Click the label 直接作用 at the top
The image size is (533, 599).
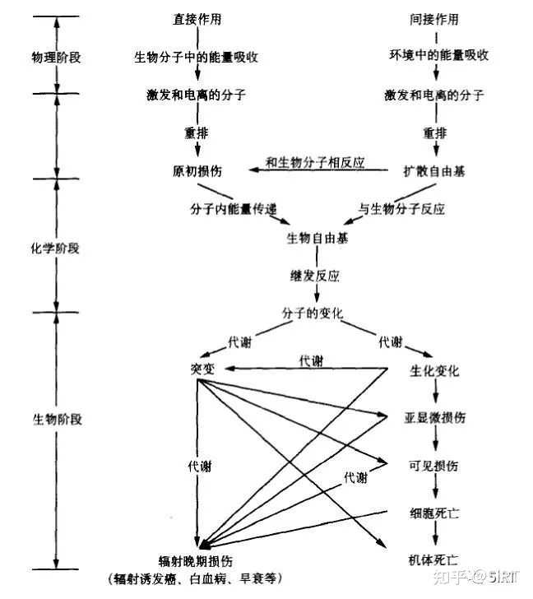click(198, 19)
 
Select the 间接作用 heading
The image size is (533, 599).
click(434, 19)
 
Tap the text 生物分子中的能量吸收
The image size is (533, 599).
click(198, 56)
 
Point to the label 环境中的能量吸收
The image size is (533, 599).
click(434, 56)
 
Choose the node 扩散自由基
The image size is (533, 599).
click(434, 171)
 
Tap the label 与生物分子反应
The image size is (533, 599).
click(401, 209)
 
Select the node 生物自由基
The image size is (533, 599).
click(317, 239)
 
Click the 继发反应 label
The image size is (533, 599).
click(317, 276)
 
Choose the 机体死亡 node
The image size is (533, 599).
click(434, 560)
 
